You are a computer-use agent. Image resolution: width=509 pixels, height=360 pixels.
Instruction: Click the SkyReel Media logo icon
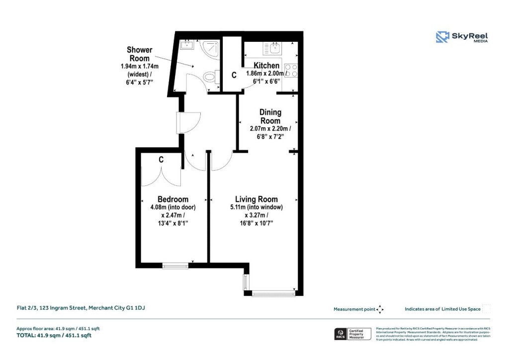[x=442, y=37]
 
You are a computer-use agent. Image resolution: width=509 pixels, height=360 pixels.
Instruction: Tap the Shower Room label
[x=139, y=54]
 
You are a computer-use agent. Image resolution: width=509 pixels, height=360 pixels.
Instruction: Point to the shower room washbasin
[x=187, y=46]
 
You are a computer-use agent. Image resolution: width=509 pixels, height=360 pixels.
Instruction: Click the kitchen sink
[x=274, y=48]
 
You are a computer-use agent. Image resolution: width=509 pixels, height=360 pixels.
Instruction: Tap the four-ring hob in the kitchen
[x=292, y=71]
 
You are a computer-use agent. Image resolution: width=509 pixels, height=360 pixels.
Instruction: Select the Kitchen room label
[x=266, y=66]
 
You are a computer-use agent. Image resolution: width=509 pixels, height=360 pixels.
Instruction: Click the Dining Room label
[x=270, y=116]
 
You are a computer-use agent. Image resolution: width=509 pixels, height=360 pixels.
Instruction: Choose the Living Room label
[x=256, y=199]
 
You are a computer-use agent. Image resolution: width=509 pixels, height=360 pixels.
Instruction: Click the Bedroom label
[x=173, y=199]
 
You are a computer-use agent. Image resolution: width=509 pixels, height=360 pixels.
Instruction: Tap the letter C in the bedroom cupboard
[x=161, y=160]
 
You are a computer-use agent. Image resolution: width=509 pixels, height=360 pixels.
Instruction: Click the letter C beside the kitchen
[x=234, y=75]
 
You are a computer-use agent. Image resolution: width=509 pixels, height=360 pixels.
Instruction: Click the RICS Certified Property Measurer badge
[x=352, y=334]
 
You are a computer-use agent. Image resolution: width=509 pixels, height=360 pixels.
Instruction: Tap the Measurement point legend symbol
[x=380, y=309]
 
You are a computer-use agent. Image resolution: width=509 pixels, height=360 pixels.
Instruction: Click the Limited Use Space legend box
[x=486, y=309]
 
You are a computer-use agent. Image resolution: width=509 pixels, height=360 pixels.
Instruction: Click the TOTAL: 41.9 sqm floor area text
[x=54, y=336]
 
